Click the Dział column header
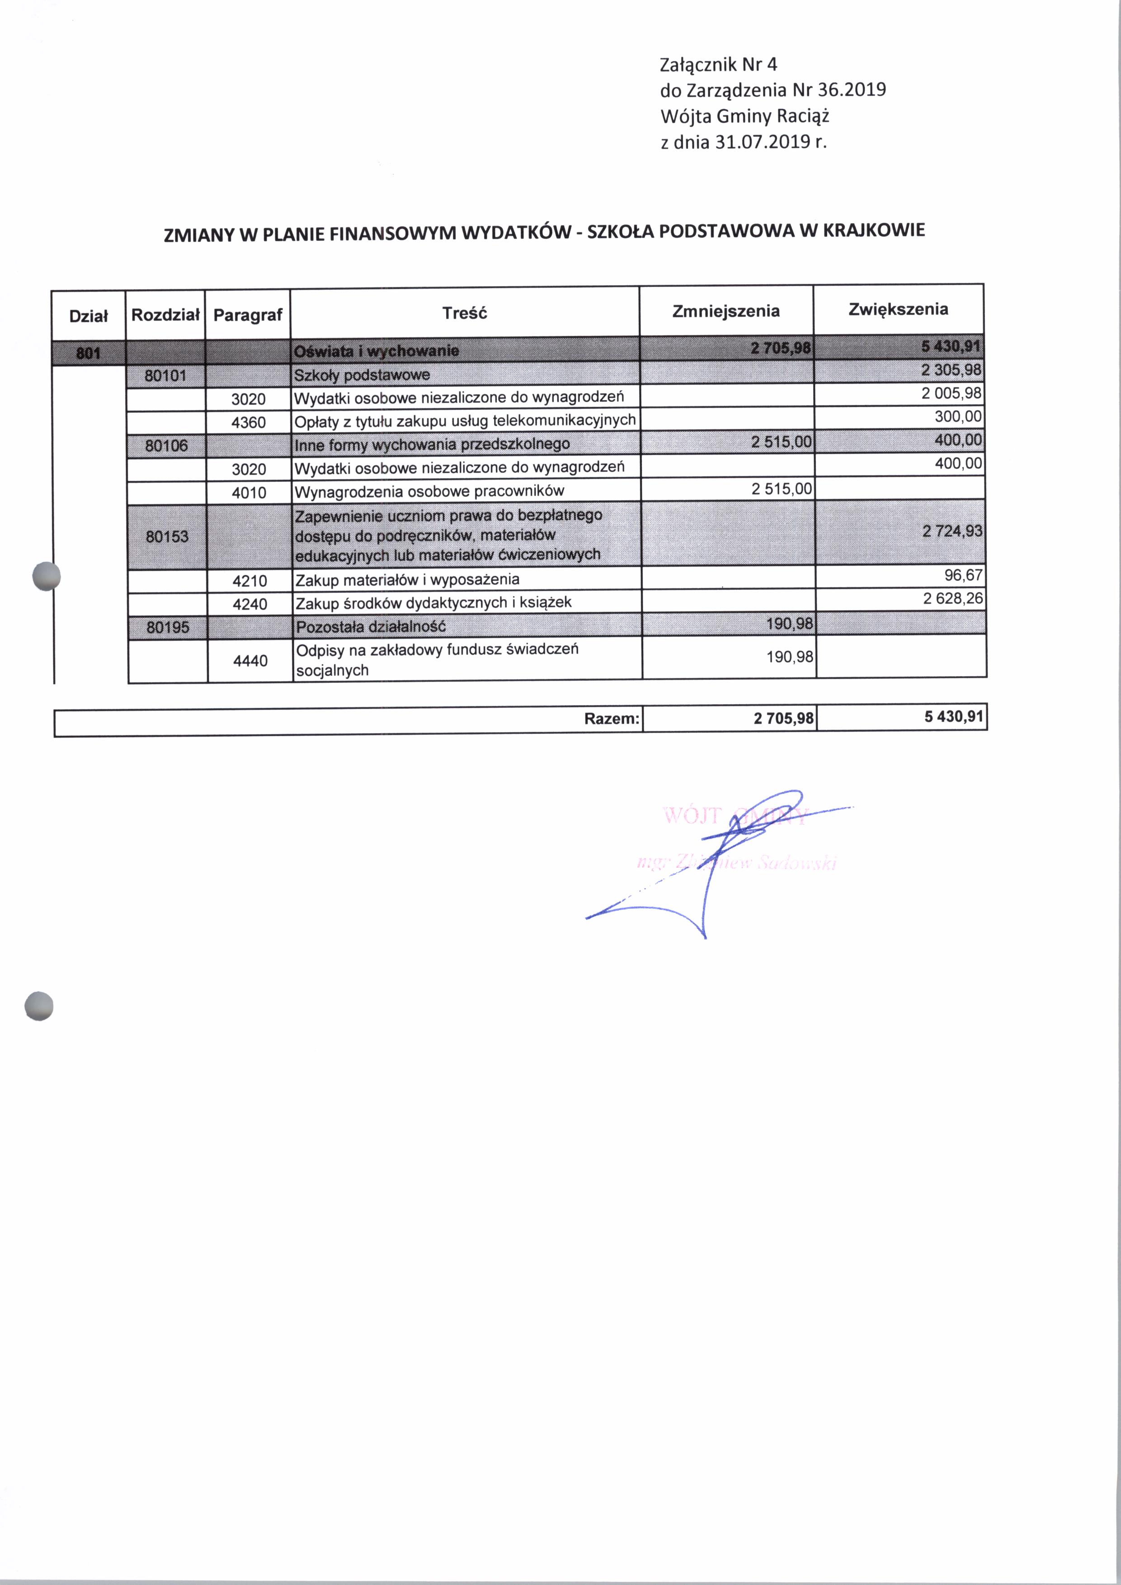[88, 316]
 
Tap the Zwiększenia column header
[898, 309]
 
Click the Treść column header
[465, 313]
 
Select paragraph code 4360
[249, 423]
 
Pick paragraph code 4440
[250, 661]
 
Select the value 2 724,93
[952, 531]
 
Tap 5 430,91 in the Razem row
[953, 716]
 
